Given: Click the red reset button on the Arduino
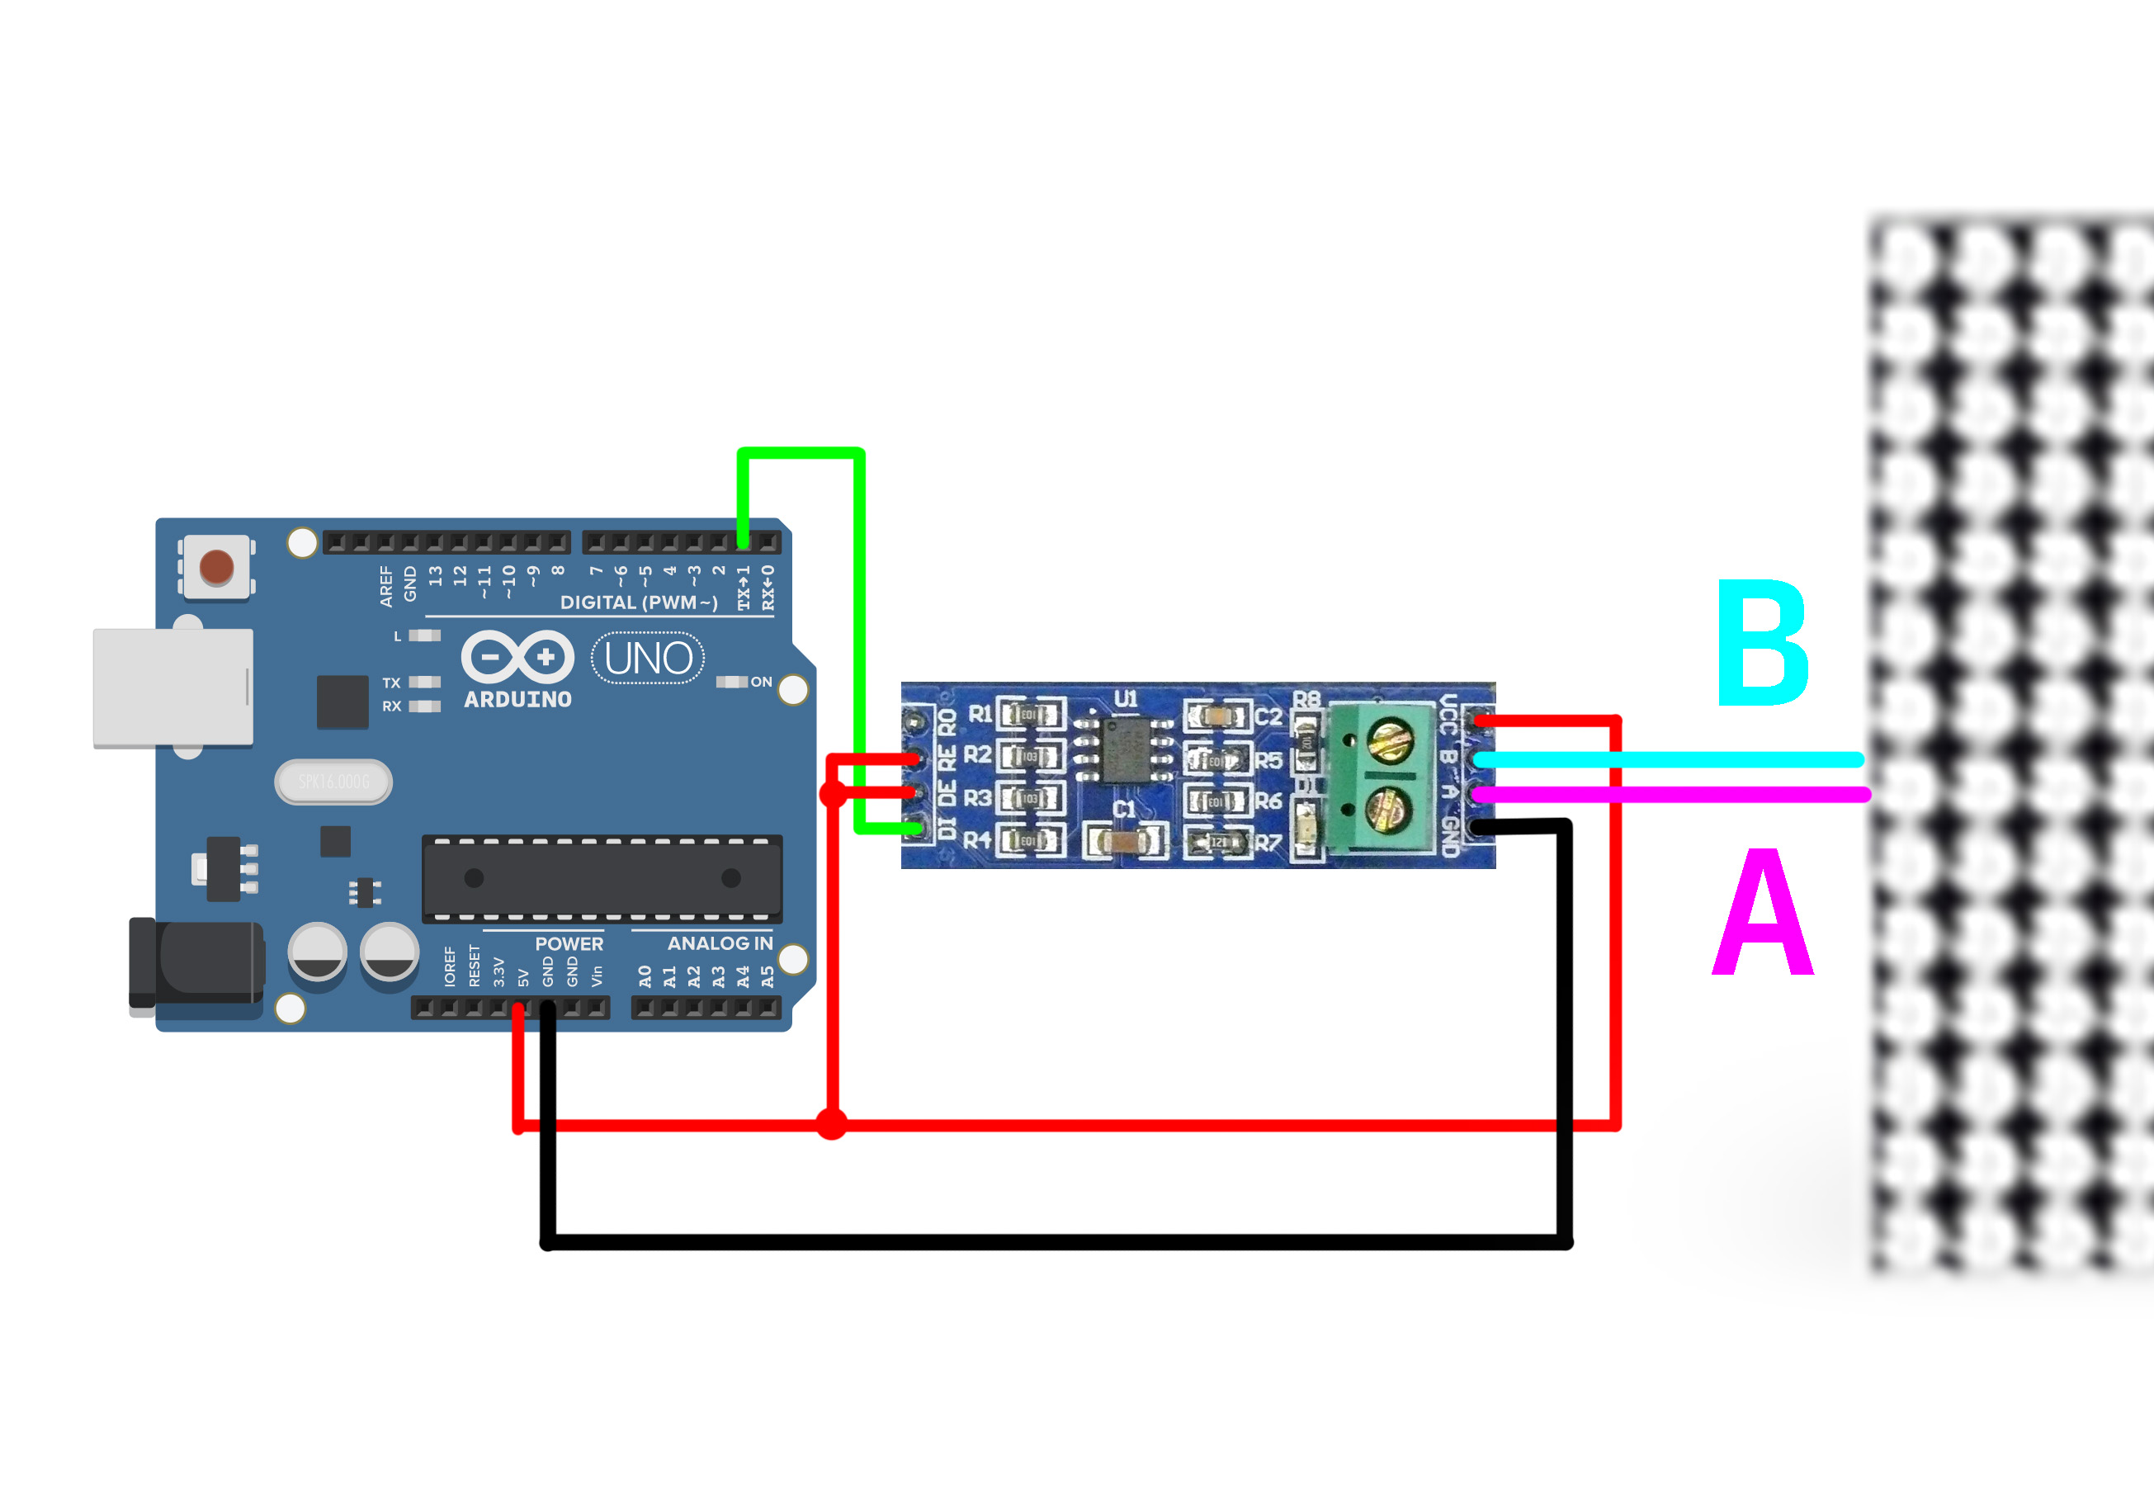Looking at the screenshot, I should click(x=217, y=566).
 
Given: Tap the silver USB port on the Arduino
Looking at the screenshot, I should click(x=172, y=687).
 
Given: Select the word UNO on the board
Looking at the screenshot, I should click(x=649, y=659).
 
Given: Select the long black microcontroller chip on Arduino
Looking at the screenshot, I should click(x=602, y=879).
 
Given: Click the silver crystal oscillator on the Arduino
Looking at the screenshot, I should click(x=334, y=782).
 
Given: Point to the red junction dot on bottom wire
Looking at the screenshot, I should click(x=831, y=1123).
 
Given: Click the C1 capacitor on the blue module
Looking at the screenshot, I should click(x=1126, y=840).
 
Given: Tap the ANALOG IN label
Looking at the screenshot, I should click(x=720, y=943).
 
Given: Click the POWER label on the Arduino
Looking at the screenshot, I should click(x=569, y=943).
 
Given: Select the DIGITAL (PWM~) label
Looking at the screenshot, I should click(x=639, y=602).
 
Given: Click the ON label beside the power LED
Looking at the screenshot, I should click(x=761, y=682).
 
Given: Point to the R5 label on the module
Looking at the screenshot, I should click(x=1268, y=760).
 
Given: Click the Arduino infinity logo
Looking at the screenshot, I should click(x=517, y=657).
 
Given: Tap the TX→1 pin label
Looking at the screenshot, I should click(x=744, y=587).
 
